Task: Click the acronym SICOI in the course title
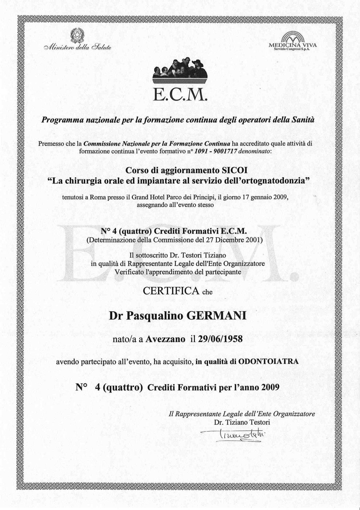click(x=235, y=170)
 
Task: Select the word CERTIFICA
click(x=171, y=291)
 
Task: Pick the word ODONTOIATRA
click(x=268, y=362)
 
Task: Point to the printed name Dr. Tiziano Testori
click(x=242, y=423)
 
